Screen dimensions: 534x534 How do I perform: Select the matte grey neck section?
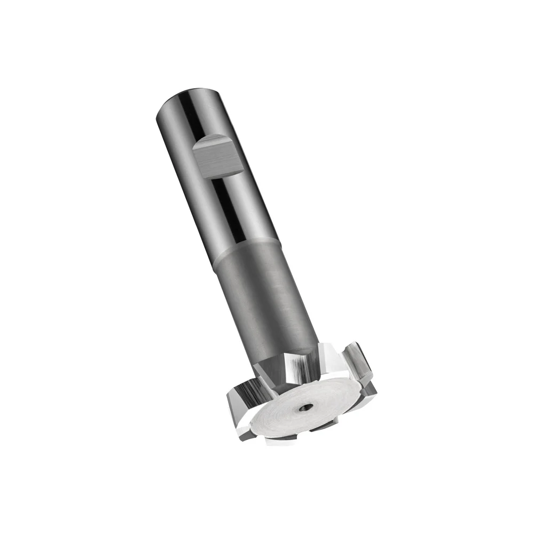coord(267,299)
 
